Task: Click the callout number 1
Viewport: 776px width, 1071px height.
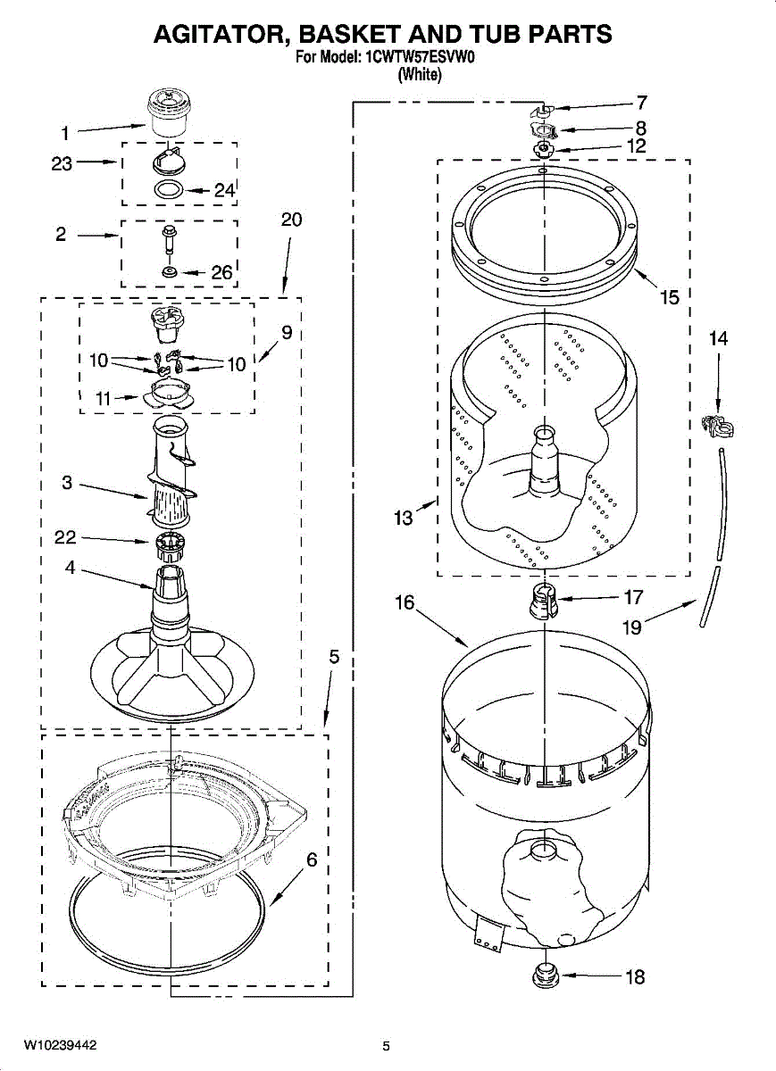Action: pyautogui.click(x=64, y=134)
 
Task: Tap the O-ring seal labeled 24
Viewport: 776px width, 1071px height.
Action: pyautogui.click(x=169, y=189)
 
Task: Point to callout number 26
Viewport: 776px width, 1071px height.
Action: pyautogui.click(x=221, y=272)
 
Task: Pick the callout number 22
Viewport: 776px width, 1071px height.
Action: pyautogui.click(x=65, y=537)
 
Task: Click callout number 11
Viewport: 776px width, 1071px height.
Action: pyautogui.click(x=104, y=399)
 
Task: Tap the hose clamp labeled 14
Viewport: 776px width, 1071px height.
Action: pyautogui.click(x=718, y=427)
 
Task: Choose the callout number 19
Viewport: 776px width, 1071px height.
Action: pyautogui.click(x=631, y=627)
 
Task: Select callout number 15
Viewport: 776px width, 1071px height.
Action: pyautogui.click(x=670, y=297)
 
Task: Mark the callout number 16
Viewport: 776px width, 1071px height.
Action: pyautogui.click(x=405, y=602)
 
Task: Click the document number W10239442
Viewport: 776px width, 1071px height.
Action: pyautogui.click(x=60, y=1044)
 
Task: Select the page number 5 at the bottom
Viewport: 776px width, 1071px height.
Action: pyautogui.click(x=386, y=1045)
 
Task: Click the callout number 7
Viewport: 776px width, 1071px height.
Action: pyautogui.click(x=641, y=102)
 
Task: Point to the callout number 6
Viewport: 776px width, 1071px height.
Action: pyautogui.click(x=312, y=860)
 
